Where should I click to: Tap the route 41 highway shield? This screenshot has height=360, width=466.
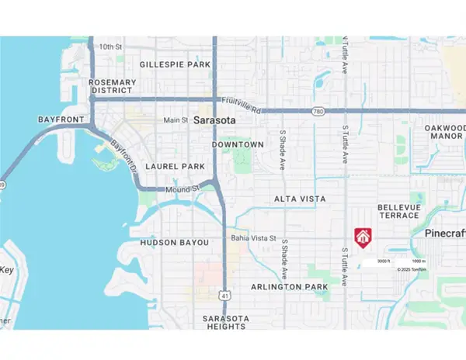tap(225, 295)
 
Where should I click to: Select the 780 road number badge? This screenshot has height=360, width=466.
tap(317, 111)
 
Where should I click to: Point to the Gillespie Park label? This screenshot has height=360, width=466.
tap(174, 64)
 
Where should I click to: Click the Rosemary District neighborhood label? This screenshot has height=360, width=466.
tap(113, 85)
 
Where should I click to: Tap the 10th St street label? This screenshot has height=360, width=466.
tap(111, 47)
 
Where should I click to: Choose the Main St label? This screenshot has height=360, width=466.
tap(176, 120)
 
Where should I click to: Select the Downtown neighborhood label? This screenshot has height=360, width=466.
tap(238, 144)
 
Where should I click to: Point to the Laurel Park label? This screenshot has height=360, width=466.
tap(176, 166)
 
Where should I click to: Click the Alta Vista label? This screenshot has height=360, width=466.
tap(300, 199)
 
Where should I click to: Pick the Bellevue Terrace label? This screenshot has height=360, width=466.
tap(398, 212)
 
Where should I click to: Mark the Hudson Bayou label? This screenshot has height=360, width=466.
tap(175, 243)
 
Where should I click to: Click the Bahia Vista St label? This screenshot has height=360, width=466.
tap(254, 238)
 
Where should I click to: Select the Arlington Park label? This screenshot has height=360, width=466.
tap(290, 286)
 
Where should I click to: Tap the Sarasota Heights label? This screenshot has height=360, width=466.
tap(224, 323)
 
